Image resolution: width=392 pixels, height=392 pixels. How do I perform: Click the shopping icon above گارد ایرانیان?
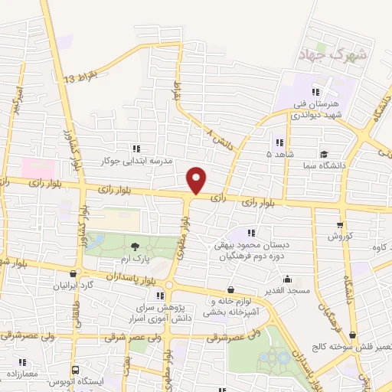(72, 273)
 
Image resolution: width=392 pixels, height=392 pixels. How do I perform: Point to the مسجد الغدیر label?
(288, 290)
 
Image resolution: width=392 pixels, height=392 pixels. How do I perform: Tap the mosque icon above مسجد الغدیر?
(288, 279)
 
